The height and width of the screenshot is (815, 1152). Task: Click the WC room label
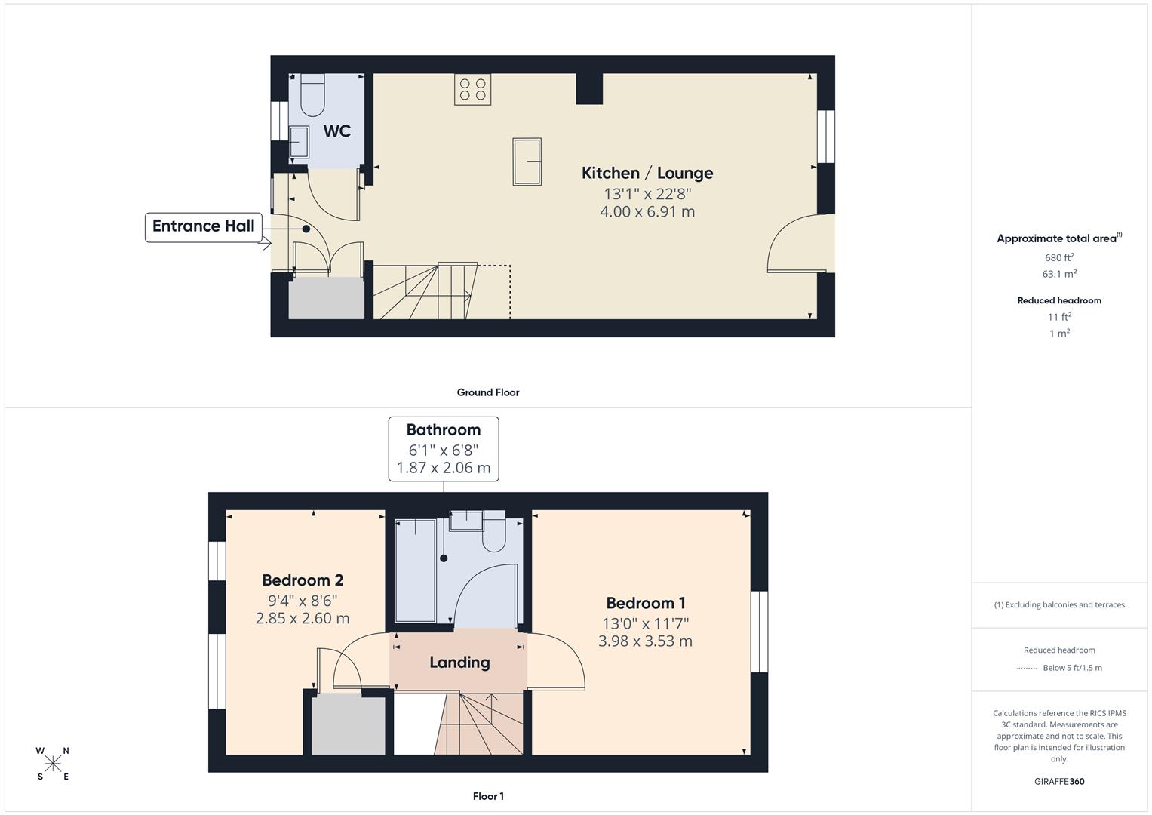(336, 131)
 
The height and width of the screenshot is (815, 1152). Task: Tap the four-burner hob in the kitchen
(472, 89)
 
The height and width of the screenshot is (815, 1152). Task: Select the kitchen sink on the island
(527, 161)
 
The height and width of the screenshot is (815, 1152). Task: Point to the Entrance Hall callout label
(203, 226)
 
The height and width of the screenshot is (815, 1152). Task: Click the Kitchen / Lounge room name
(647, 173)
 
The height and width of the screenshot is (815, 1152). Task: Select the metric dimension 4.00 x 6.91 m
(647, 212)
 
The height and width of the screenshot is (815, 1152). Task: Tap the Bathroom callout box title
(443, 430)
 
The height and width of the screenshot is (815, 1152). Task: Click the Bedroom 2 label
(303, 580)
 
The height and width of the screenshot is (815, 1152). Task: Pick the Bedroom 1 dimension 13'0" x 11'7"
(645, 623)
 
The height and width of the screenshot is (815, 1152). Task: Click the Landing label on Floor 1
(459, 663)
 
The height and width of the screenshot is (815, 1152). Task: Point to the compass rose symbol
(53, 764)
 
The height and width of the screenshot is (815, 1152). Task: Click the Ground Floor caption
(487, 392)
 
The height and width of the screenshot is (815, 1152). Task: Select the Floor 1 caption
(488, 796)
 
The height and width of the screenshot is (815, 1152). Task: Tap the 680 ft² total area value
(1059, 257)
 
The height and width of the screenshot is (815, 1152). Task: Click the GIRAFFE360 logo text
(1059, 781)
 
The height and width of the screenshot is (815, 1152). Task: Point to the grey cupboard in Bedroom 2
(348, 724)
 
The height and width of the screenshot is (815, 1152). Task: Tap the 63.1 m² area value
(1059, 274)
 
